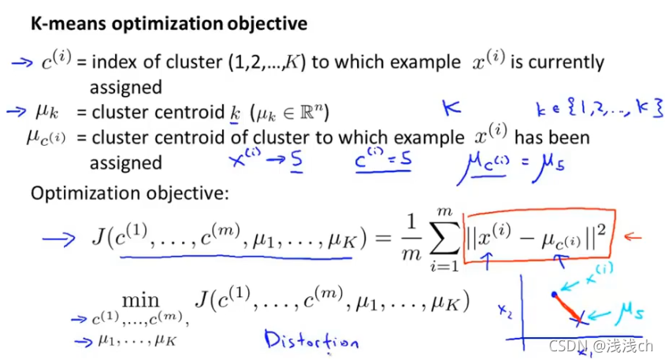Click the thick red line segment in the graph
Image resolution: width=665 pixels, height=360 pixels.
pos(569,308)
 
